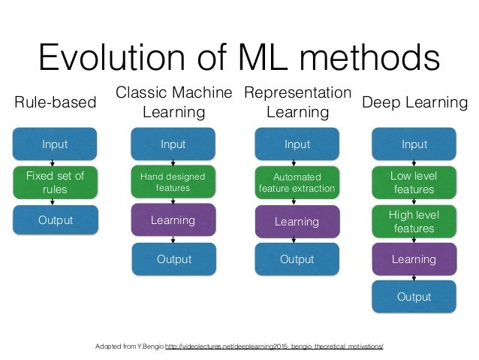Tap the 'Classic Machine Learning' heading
pos(174,103)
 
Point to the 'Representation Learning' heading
pos(297,103)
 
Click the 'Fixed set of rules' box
pos(55,183)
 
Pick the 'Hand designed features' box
pos(173,182)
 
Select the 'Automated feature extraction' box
pos(297,183)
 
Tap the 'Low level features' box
pos(414,183)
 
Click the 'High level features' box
pos(414,222)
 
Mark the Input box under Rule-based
pos(55,144)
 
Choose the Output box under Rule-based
pos(55,221)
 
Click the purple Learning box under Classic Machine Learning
pos(173,221)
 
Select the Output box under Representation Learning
pos(297,259)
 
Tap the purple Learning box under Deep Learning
pos(414,259)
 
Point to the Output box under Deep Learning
pos(414,297)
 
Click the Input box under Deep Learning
pos(414,144)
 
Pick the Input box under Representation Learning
pos(297,144)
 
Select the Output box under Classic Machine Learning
pos(173,259)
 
